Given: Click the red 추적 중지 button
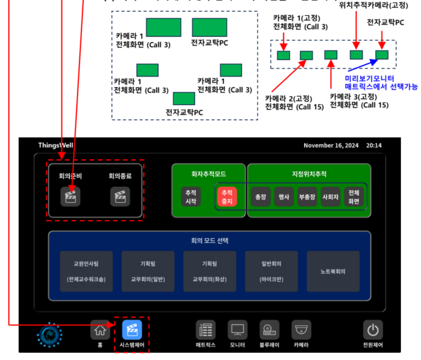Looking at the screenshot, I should point(227,196).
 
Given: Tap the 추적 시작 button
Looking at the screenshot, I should point(191,196).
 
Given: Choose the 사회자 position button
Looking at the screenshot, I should point(330,196).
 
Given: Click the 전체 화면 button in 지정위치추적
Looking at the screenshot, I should point(354,196).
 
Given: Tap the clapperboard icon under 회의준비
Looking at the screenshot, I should point(71,196).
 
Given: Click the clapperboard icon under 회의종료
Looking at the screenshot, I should point(120,196).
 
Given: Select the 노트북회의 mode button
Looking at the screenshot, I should point(333,271).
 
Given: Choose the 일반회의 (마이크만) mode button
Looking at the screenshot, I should point(272,271).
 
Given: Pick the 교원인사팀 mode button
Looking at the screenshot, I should point(87,271).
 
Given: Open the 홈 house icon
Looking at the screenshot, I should point(100,330).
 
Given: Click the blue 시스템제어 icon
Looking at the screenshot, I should point(132,330).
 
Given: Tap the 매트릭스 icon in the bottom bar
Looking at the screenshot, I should point(206,330).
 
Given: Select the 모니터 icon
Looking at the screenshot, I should point(238,330).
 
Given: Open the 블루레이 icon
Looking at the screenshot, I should point(269,330).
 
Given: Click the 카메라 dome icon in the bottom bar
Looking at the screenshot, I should point(301,330).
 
